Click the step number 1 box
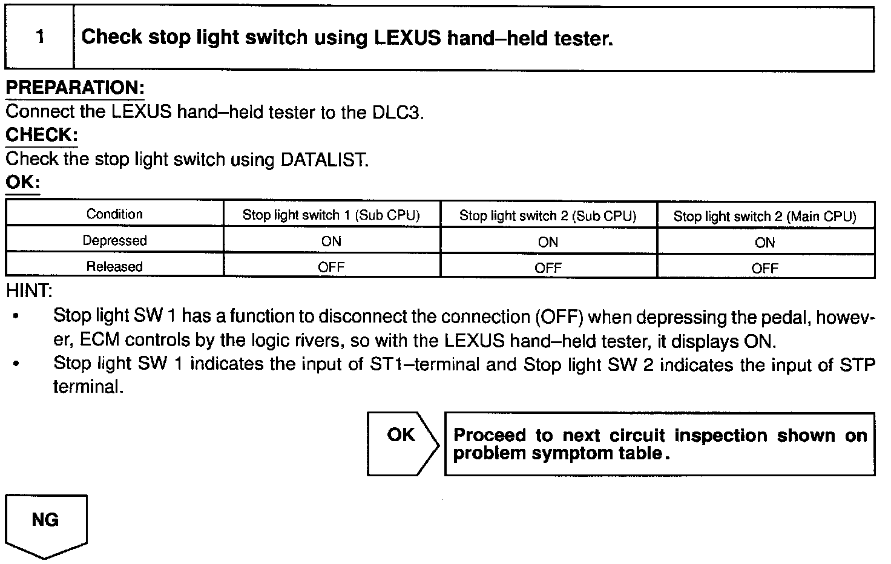(x=40, y=38)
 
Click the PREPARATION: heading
(x=75, y=88)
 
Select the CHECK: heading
(x=42, y=135)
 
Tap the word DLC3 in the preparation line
(x=396, y=113)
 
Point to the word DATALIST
(x=324, y=160)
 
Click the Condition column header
(x=114, y=214)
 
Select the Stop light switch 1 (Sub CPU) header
(x=331, y=215)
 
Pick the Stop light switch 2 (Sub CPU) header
(x=548, y=216)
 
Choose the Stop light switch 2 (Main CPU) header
(x=764, y=217)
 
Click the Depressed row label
(x=114, y=241)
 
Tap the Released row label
(x=114, y=267)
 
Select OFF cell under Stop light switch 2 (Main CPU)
(x=764, y=268)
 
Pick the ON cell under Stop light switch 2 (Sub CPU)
(x=548, y=243)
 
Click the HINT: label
(x=29, y=291)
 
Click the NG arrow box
(x=46, y=524)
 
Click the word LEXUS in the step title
(x=408, y=38)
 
